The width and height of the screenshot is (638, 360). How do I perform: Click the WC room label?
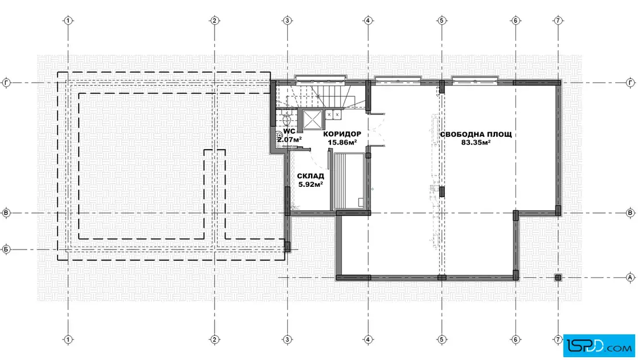tap(289, 132)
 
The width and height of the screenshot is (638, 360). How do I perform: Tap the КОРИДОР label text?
tap(342, 134)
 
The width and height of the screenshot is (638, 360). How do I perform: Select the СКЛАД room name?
tap(310, 176)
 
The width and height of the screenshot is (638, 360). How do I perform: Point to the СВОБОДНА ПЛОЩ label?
tap(476, 134)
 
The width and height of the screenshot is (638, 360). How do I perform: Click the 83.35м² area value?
tap(476, 142)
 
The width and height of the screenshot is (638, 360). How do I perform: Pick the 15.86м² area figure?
tap(342, 142)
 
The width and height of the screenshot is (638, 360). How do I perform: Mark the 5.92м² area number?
tap(310, 184)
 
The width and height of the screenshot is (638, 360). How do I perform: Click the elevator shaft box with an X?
tap(313, 120)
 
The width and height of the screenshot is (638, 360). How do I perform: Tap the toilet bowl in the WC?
tap(285, 119)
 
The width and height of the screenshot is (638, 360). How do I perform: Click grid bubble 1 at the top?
tap(68, 21)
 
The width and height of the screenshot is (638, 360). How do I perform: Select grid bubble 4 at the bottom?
tap(368, 339)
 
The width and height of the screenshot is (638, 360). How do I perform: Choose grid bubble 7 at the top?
tap(558, 21)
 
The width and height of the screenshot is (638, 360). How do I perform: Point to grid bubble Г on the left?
tap(6, 83)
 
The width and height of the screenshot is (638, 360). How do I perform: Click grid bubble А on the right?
tap(630, 277)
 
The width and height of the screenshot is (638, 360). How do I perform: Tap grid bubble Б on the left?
tap(6, 249)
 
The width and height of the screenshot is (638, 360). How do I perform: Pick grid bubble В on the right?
tap(630, 212)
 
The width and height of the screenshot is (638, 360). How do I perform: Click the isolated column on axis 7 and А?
tap(558, 277)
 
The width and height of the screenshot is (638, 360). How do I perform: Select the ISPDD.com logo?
tap(599, 346)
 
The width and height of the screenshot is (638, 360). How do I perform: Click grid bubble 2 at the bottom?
tap(214, 339)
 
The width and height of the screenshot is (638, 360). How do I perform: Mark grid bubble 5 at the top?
tap(441, 21)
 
